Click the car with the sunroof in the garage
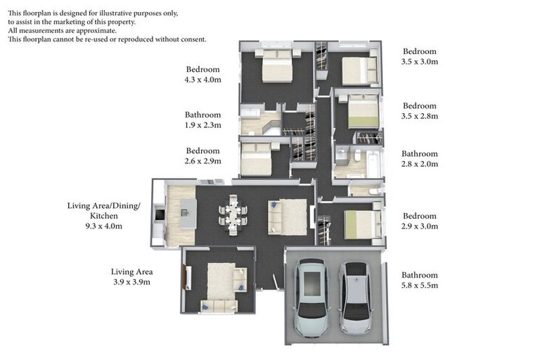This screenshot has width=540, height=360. [310, 297]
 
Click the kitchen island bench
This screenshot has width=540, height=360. [188, 213]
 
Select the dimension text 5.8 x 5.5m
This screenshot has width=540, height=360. [420, 285]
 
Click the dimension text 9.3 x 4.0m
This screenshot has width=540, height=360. [103, 226]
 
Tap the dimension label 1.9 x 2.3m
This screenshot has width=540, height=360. [202, 126]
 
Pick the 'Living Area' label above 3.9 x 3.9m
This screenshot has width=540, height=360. [131, 271]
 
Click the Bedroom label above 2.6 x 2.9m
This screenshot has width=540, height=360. [202, 150]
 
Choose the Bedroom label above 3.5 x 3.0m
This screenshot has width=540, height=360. [420, 51]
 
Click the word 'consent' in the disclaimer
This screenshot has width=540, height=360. [193, 39]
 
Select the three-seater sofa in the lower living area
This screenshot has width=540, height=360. [218, 306]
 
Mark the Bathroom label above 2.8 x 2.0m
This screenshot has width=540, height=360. [420, 153]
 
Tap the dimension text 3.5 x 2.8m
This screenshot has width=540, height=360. [420, 116]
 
